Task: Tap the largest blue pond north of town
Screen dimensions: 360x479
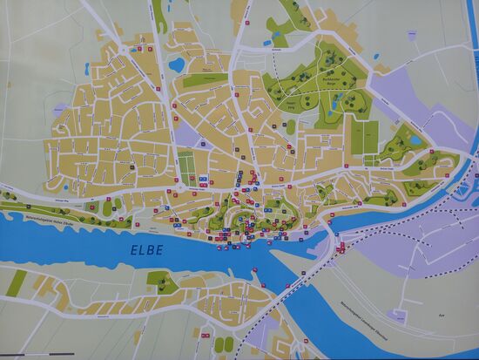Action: [177, 64]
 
